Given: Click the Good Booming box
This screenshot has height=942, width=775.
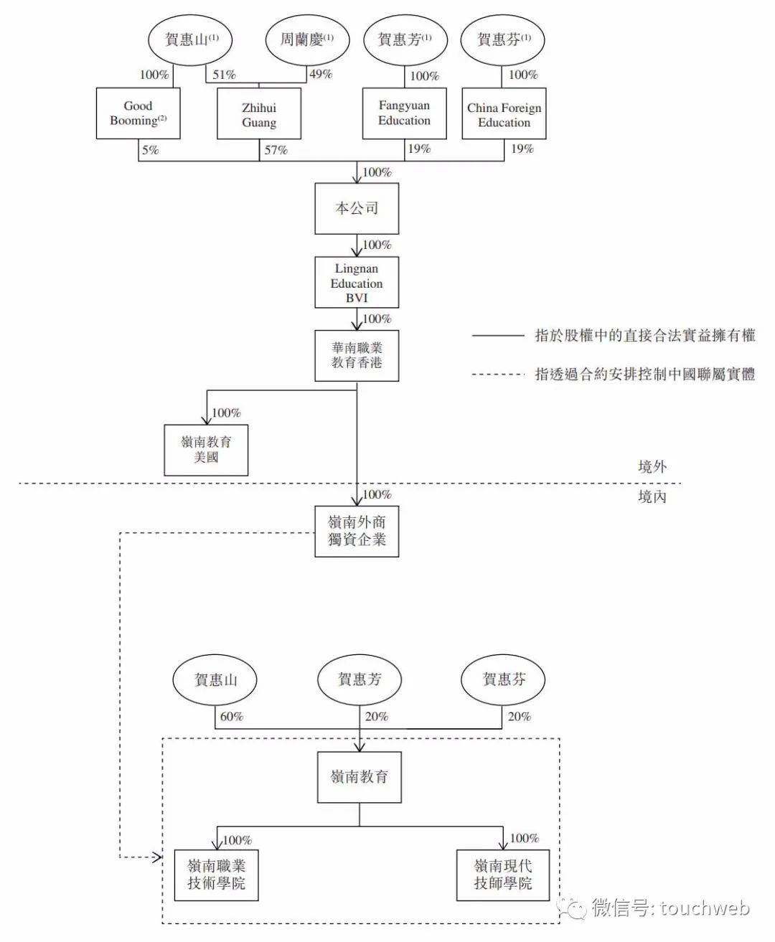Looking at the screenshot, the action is (x=138, y=113).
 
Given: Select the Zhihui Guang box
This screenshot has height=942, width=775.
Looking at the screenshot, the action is (x=259, y=113).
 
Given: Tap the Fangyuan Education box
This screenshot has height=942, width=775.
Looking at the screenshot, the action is (x=404, y=113).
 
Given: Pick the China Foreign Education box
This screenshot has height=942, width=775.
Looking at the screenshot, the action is (x=504, y=113).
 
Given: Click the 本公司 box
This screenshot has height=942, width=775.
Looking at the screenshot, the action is (x=357, y=209).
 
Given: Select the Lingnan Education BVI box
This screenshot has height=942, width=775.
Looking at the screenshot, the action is (x=357, y=282).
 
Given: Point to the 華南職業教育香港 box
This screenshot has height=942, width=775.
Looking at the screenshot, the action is (x=357, y=356).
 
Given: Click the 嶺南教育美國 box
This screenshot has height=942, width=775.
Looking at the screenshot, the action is (x=206, y=450).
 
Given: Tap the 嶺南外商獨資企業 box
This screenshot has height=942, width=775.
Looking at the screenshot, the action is (x=357, y=531).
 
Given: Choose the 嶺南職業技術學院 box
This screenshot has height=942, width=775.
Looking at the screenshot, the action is (x=216, y=875).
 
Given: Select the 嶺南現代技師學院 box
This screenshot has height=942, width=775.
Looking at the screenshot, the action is (x=503, y=875).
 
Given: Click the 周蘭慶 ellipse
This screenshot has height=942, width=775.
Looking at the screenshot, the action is (x=307, y=39).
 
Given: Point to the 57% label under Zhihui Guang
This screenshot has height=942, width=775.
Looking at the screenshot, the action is (x=276, y=150).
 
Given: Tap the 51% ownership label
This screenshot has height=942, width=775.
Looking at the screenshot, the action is (x=224, y=74).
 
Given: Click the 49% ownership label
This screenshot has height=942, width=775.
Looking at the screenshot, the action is (x=321, y=74).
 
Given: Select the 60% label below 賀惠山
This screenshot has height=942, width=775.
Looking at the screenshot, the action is (x=231, y=717).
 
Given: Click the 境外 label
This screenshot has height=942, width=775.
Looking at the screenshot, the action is (x=652, y=467).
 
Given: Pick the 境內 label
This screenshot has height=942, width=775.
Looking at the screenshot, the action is (x=652, y=496).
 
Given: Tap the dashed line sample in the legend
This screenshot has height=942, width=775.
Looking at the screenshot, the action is (x=498, y=375).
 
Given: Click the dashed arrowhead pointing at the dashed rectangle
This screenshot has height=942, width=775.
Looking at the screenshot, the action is (x=156, y=857).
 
